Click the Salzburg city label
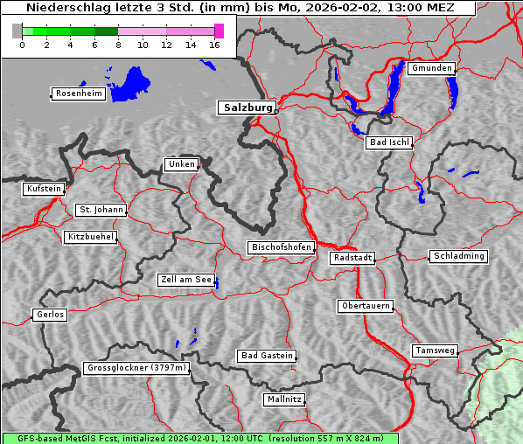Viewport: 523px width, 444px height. point(247,108)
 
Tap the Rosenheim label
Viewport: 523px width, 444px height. point(79,94)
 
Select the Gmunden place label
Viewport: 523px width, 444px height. point(431,68)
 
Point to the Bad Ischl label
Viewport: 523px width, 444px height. point(388,142)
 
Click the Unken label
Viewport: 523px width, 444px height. point(181,164)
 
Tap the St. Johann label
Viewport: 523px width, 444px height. point(101,210)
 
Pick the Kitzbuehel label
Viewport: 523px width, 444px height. point(90,237)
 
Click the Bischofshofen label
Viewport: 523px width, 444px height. point(281,248)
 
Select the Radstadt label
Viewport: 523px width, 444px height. point(352,258)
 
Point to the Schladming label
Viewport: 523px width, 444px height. point(457,256)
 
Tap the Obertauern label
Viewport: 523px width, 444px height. point(365,307)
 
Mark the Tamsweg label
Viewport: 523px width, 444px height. point(435,350)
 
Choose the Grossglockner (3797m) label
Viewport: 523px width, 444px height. point(136,369)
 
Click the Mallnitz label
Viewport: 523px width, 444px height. point(284,399)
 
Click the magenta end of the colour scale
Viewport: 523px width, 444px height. point(219,31)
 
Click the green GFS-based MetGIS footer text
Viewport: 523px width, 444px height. point(199,438)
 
